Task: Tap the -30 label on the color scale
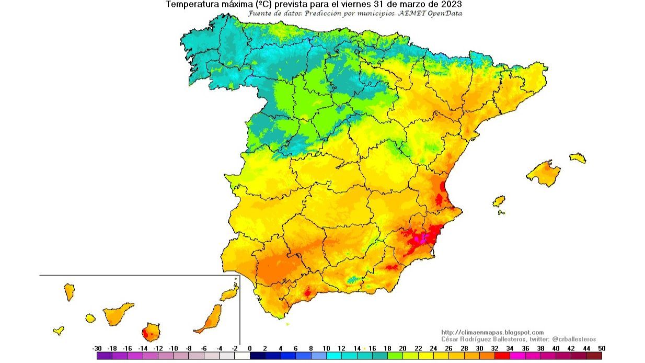(x=97, y=348)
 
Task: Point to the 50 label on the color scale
(x=602, y=348)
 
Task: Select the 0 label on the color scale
(x=249, y=348)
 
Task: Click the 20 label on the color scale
(x=402, y=348)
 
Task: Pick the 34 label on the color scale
(x=510, y=348)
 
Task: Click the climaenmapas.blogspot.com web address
(x=492, y=332)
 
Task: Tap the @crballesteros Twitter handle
(x=573, y=339)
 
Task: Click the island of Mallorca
(x=544, y=173)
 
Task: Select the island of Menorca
(x=578, y=157)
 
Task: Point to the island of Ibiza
(x=499, y=201)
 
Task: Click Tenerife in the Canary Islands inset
(x=117, y=313)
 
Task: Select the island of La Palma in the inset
(x=69, y=291)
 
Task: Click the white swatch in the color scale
(x=242, y=356)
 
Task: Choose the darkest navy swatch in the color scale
(x=257, y=356)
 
